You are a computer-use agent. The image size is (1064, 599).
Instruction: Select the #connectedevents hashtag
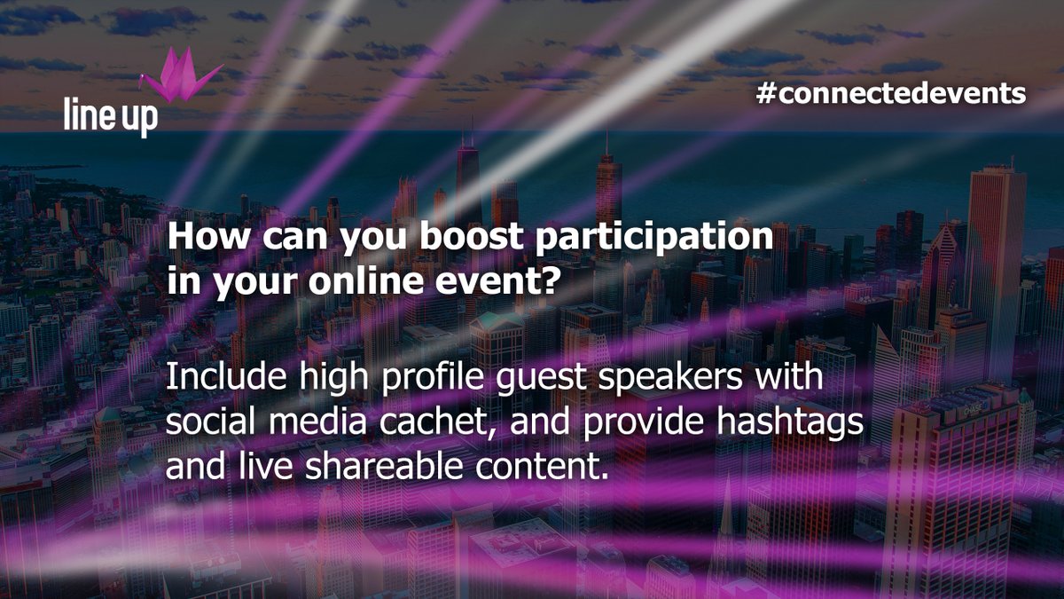(x=892, y=93)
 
